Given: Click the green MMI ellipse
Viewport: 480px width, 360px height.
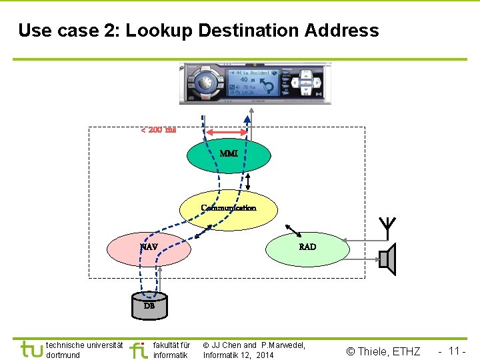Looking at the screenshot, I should [x=229, y=155].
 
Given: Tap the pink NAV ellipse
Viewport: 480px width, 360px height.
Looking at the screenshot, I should [x=150, y=248].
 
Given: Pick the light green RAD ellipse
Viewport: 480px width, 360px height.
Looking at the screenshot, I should [x=307, y=248].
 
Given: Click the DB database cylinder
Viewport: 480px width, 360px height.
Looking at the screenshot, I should [x=149, y=306].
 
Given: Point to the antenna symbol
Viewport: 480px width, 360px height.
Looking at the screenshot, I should [x=386, y=226].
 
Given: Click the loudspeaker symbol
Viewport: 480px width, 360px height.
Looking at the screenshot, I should [x=387, y=259].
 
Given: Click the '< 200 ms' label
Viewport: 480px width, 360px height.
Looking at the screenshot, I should [x=158, y=129].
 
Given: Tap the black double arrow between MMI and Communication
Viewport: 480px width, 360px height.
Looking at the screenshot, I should [x=248, y=181].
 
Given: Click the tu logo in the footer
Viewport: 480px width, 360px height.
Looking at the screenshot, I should [x=31, y=349].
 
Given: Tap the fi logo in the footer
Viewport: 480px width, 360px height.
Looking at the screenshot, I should [x=138, y=349].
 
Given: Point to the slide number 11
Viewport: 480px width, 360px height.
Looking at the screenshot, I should [x=455, y=351].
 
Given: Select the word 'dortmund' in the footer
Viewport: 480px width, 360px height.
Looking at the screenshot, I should [x=63, y=355].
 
